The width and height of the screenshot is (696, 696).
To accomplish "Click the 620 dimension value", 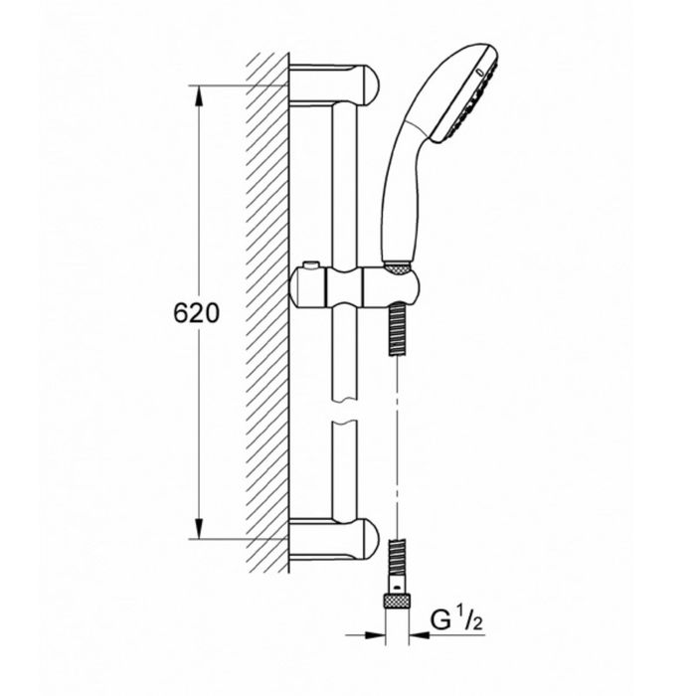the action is point(196,313).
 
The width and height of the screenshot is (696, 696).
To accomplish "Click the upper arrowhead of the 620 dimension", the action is point(199,95).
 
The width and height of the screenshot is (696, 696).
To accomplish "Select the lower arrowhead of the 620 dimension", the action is point(199,528).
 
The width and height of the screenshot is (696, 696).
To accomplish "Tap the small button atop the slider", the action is point(310,265).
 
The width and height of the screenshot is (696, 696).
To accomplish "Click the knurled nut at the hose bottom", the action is point(397,601).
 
